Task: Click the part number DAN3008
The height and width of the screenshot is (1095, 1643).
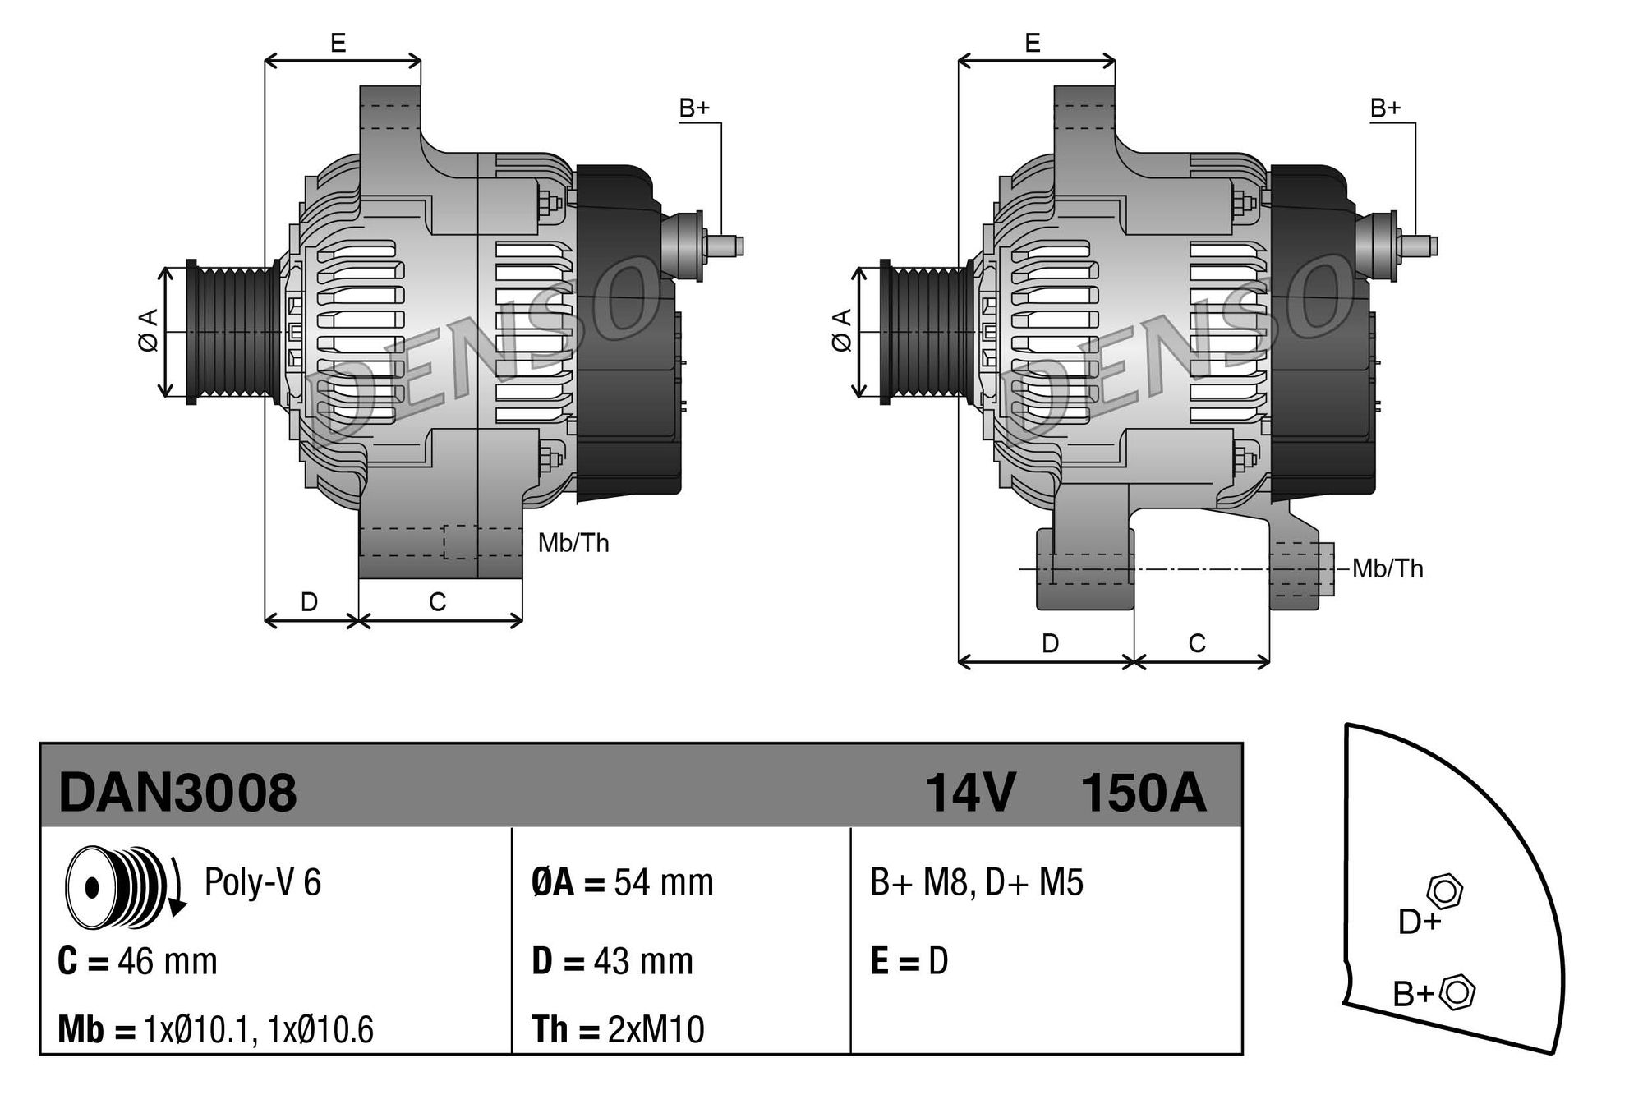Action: pos(177,793)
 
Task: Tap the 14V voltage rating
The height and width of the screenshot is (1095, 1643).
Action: pos(969,793)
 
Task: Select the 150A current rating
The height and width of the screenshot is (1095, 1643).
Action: pos(1143,793)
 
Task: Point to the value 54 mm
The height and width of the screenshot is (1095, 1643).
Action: pos(664,882)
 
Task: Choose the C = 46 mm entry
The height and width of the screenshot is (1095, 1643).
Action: pos(137,960)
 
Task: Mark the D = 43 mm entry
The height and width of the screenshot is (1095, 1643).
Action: pos(612,960)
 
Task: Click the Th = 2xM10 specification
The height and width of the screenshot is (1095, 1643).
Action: pos(618,1029)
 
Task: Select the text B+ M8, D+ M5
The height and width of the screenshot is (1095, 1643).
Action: pos(977,882)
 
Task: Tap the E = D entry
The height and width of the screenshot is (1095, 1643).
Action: pos(909,960)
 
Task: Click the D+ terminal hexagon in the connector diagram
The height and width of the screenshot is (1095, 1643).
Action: pos(1445,891)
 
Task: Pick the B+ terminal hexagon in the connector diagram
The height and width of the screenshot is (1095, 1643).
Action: pos(1457,991)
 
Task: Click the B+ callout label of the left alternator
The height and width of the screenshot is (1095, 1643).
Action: pos(694,108)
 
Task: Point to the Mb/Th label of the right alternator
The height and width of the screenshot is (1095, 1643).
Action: pos(1388,568)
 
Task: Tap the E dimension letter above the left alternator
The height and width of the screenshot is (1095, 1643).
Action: pos(338,43)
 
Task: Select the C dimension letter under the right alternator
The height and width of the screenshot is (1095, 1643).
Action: pos(1197,643)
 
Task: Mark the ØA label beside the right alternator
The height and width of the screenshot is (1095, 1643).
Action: pos(842,331)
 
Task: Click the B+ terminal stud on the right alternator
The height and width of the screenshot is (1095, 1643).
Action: pos(1419,246)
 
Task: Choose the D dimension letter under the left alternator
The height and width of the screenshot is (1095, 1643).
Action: pos(309,602)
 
